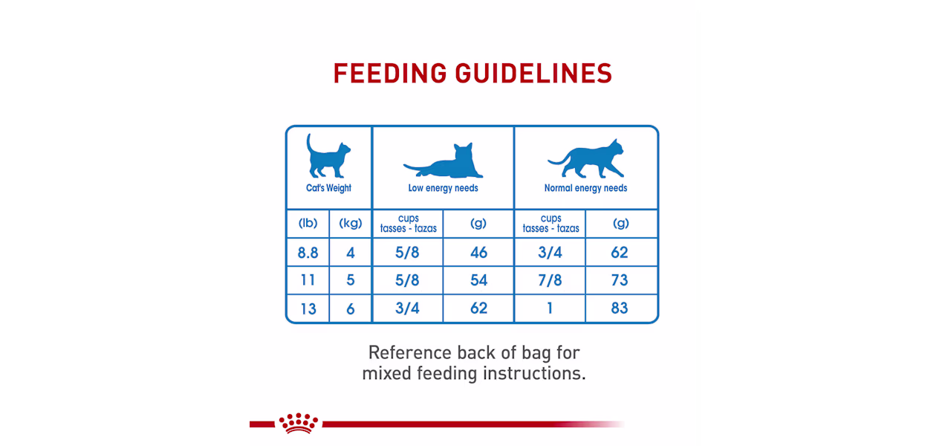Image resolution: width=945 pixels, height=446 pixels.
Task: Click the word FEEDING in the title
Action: (x=390, y=74)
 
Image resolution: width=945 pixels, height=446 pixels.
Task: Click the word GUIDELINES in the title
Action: (x=533, y=74)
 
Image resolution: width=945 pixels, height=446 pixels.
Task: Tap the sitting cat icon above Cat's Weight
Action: (x=328, y=155)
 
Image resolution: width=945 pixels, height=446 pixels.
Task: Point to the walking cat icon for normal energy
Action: (x=586, y=158)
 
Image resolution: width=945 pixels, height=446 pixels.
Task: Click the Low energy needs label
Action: (x=443, y=188)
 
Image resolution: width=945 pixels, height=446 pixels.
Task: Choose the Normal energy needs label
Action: (x=585, y=188)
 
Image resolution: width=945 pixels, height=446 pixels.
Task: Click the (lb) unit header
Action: (x=308, y=223)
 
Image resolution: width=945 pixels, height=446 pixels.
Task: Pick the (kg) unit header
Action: (x=351, y=223)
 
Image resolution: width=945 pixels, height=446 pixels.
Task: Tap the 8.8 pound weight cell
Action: (x=308, y=253)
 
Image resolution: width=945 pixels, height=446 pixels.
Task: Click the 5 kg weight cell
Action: (x=351, y=280)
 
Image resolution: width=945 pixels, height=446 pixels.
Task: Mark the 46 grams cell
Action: (x=479, y=252)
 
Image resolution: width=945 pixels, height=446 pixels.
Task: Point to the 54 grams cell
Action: (x=479, y=280)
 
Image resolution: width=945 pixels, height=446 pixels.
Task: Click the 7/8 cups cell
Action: (x=550, y=280)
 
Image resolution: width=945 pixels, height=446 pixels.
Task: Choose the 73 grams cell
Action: (x=620, y=280)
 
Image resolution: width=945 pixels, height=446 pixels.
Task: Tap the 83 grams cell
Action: (x=620, y=308)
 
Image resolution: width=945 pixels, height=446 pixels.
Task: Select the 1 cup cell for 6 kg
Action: (x=550, y=308)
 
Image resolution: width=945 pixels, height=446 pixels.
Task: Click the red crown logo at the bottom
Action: (x=298, y=423)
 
